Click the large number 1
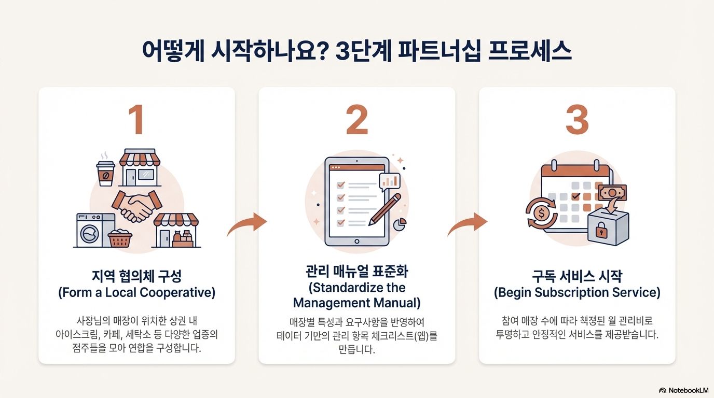136,121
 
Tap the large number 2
356,121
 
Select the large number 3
576,121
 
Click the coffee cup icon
105,172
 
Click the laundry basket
120,238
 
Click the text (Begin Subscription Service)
576,292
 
